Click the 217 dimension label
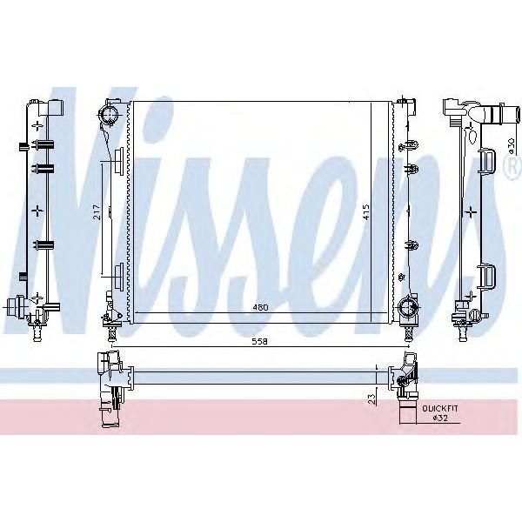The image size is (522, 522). coord(97,211)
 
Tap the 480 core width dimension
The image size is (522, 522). coord(259,307)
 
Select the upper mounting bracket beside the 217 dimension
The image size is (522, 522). coord(118,161)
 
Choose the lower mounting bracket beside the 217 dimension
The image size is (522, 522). coord(118,277)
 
